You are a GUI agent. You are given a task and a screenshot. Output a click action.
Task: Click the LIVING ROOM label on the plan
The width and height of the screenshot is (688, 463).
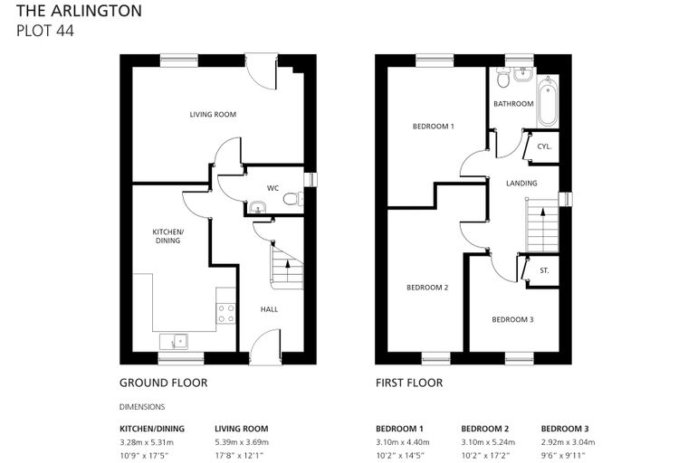213,115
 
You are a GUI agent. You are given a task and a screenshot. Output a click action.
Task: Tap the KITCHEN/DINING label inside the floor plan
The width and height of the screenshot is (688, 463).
168,236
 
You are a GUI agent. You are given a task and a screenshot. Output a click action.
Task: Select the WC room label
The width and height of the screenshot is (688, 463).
272,188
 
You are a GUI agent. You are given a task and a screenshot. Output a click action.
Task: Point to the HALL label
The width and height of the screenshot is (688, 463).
269,309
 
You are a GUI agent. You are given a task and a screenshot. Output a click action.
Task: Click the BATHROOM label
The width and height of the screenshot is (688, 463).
513,104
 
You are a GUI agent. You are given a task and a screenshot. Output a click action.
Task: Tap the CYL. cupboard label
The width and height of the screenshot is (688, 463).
544,146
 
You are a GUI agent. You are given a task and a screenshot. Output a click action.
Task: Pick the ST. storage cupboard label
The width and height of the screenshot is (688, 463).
544,270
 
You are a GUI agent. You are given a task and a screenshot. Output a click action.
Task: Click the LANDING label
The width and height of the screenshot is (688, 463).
521,184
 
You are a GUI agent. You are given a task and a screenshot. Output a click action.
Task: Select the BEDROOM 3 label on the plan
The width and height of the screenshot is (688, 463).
512,319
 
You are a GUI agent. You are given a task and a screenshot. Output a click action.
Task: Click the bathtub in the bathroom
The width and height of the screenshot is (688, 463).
547,100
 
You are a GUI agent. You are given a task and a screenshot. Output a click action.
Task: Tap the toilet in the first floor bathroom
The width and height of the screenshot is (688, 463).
502,79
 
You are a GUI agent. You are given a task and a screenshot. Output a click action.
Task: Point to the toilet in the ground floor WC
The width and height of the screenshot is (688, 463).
292,199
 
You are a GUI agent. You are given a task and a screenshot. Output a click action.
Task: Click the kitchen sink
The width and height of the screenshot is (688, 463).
174,341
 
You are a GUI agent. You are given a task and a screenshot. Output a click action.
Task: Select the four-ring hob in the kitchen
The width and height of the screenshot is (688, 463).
226,314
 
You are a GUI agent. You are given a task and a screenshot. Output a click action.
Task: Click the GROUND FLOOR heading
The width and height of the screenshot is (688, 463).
163,383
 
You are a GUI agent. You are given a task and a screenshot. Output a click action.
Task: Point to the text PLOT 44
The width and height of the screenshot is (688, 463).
45,31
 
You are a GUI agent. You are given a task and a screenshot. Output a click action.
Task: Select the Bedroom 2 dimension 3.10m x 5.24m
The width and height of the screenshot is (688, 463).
488,442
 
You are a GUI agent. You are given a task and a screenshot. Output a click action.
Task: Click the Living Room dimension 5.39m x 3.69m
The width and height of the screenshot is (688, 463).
242,442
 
